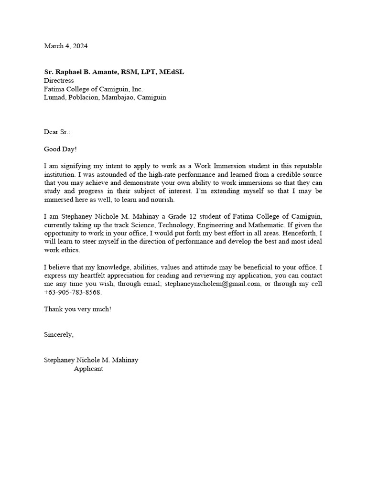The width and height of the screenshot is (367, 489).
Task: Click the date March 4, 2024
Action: pyautogui.click(x=65, y=46)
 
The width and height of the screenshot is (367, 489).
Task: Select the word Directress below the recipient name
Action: pyautogui.click(x=59, y=81)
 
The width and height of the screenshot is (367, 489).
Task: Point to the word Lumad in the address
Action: pyautogui.click(x=54, y=97)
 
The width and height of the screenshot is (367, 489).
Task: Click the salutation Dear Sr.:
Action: pyautogui.click(x=57, y=132)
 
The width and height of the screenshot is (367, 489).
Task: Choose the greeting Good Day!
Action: pyautogui.click(x=60, y=149)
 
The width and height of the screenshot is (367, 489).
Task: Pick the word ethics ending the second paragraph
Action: pyautogui.click(x=70, y=250)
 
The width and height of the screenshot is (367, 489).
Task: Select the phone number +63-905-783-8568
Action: pyautogui.click(x=73, y=292)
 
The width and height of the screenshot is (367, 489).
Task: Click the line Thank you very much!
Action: pyautogui.click(x=77, y=309)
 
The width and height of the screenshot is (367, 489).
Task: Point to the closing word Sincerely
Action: pyautogui.click(x=59, y=334)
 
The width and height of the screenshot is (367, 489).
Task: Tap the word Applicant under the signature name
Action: pyautogui.click(x=88, y=369)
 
